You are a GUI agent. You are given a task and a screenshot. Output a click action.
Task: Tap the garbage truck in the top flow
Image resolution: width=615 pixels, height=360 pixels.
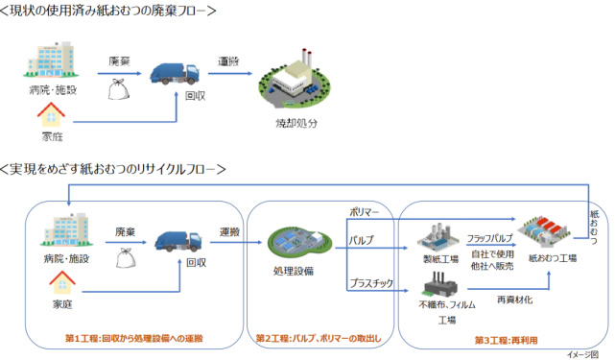175,72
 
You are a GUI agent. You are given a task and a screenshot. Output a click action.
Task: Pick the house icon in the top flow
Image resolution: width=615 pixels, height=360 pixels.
50,118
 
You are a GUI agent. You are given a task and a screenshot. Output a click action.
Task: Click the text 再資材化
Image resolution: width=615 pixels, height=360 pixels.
514,300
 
